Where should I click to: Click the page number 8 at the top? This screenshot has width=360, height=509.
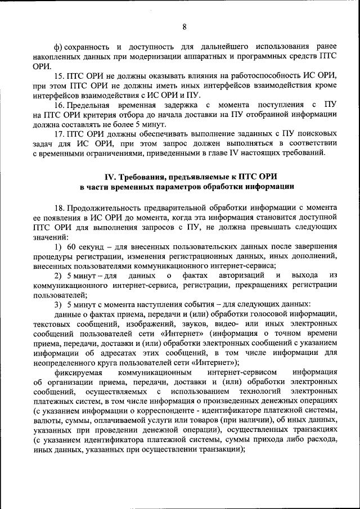184,26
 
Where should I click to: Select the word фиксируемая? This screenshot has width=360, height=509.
79,372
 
